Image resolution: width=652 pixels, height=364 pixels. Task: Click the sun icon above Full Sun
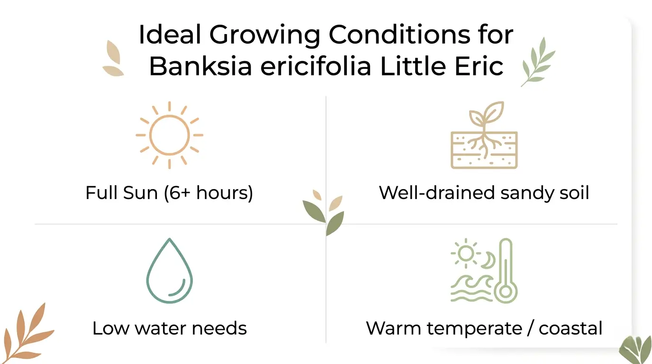click(169, 135)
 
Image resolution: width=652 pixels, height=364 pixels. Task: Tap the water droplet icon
click(169, 271)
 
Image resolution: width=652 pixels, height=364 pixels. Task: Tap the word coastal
click(570, 328)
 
